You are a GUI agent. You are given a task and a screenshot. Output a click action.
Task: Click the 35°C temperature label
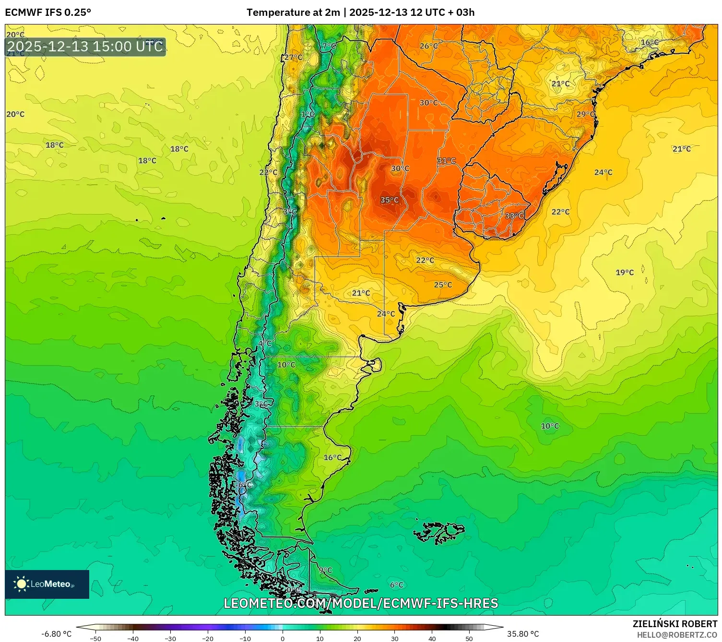point(389,200)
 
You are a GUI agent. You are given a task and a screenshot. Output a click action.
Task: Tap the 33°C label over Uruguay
point(514,216)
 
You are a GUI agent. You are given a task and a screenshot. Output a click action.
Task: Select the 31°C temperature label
point(446,161)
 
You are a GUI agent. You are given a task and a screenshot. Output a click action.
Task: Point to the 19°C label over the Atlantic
point(625,273)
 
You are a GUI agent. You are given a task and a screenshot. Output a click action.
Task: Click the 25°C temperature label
point(443,285)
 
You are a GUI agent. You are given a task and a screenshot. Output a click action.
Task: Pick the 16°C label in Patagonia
point(332,458)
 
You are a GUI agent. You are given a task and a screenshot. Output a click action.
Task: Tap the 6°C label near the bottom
point(396,585)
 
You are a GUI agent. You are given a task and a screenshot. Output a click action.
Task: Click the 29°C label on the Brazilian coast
point(585,114)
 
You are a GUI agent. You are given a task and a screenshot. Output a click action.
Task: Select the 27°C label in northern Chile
point(293,58)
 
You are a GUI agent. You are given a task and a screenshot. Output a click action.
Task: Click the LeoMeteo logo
point(47,584)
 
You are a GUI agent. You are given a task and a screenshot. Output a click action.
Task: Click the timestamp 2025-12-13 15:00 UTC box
point(85,47)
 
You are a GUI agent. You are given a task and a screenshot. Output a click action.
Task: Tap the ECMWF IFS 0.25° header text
point(48,12)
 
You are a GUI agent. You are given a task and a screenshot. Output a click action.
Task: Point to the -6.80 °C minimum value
point(56,634)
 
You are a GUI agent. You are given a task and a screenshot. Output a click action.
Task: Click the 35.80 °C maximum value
point(523,634)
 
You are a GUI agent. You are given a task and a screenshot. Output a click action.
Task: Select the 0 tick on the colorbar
point(283,638)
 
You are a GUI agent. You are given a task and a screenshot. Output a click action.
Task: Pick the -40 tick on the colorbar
point(133,638)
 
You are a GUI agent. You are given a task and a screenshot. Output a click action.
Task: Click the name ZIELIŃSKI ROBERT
point(675,624)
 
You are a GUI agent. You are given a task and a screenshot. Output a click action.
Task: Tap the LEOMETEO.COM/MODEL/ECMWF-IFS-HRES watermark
point(361,603)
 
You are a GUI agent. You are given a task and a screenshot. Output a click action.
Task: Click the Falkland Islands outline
point(439,532)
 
